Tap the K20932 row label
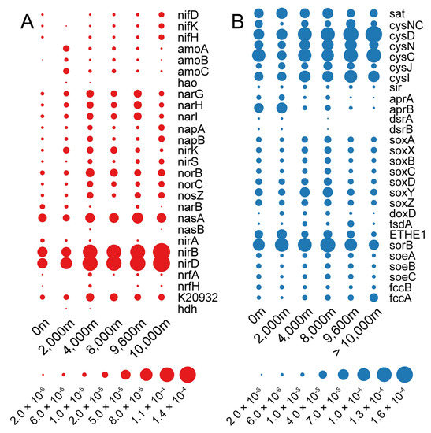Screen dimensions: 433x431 pos(196,297)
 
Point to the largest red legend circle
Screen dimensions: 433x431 pos(187,374)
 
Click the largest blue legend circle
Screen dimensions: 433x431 pos(404,374)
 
